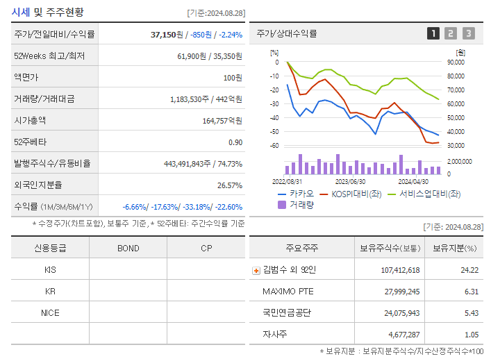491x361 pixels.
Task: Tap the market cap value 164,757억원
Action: [x=222, y=121]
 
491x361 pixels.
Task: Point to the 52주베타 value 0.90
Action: [x=235, y=142]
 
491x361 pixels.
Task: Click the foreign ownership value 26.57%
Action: [x=230, y=185]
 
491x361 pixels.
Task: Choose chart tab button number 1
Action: [x=433, y=33]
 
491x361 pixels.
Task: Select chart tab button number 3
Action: [x=469, y=33]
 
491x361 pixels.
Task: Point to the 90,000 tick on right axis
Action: [x=456, y=62]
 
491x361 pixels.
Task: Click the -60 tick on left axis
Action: [x=274, y=145]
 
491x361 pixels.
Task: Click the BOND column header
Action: [x=128, y=248]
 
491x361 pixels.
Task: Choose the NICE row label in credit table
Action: [x=50, y=312]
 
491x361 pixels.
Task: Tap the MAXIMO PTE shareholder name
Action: [x=288, y=291]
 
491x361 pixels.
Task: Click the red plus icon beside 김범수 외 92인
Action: [x=256, y=270]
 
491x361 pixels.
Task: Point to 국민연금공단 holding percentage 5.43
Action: [x=469, y=312]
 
